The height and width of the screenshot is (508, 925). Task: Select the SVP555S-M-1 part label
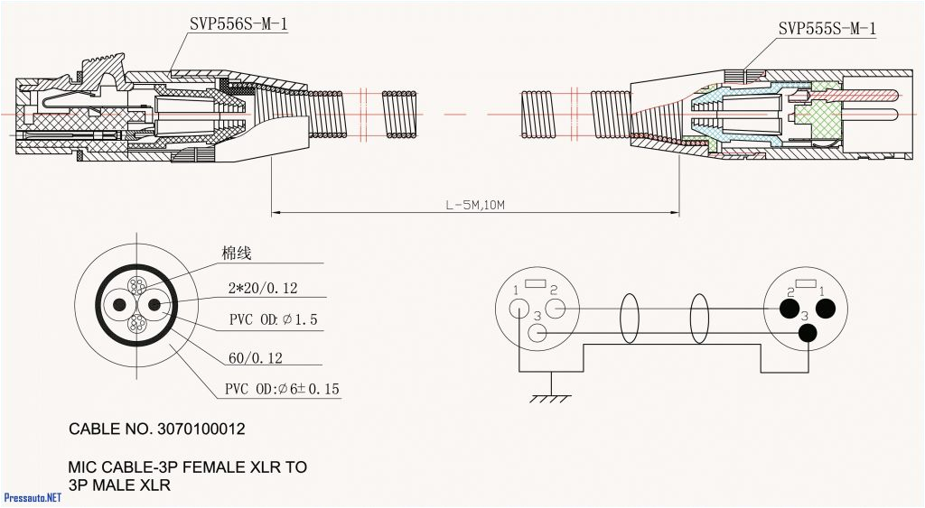tap(827, 29)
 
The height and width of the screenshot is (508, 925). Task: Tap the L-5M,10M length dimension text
tap(474, 206)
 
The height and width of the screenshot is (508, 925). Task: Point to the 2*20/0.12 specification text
tap(263, 289)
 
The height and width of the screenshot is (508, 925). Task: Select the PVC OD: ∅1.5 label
tap(273, 319)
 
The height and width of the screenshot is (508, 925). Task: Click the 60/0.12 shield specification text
tap(255, 358)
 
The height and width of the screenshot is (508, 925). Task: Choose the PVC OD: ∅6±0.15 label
tap(282, 390)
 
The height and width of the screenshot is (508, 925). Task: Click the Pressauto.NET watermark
tap(33, 497)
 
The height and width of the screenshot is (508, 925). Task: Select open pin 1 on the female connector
tap(519, 308)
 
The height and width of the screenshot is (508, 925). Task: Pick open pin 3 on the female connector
tap(537, 332)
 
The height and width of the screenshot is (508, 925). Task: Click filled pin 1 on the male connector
tap(824, 309)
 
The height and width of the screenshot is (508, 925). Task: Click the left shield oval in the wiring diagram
tap(630, 319)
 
